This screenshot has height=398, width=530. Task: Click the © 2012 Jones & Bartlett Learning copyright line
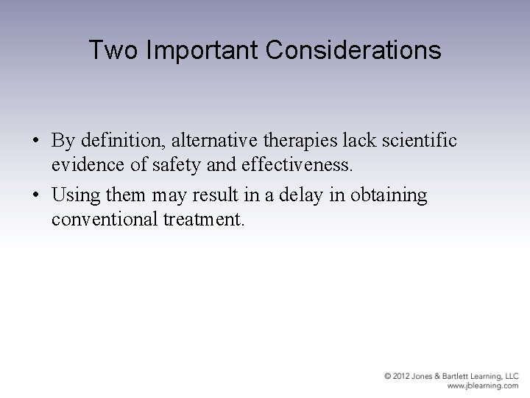(451, 376)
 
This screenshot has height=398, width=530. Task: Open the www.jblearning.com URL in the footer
(483, 385)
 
